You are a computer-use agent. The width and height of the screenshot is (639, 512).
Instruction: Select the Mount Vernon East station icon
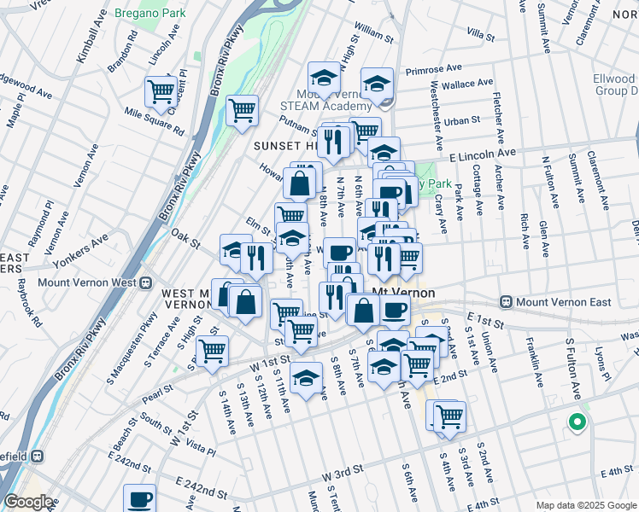coord(507,302)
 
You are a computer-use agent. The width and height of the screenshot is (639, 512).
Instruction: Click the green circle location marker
coord(577,422)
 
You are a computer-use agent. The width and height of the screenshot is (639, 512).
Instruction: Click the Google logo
coord(28,502)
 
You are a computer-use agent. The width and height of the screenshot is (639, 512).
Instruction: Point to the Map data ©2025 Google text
coord(585,505)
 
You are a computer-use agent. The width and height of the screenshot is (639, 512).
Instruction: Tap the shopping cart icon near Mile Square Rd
coord(161,90)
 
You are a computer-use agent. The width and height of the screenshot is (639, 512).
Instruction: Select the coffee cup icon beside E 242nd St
coord(140,499)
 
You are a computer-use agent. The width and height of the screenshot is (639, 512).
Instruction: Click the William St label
coord(373,33)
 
